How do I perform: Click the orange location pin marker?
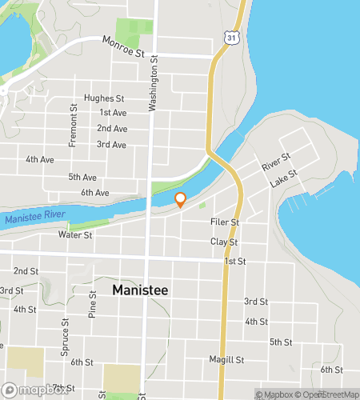click(181, 199)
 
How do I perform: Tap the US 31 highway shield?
click(231, 38)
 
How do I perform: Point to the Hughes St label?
click(110, 98)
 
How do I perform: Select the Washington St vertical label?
click(155, 88)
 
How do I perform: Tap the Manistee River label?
click(34, 217)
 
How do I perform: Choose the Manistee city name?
click(140, 290)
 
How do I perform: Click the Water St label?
click(75, 235)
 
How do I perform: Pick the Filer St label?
click(224, 222)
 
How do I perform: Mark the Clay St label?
click(224, 242)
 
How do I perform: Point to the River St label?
click(275, 163)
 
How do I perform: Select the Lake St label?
click(283, 178)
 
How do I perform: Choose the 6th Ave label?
click(94, 193)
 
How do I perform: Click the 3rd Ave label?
click(111, 145)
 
